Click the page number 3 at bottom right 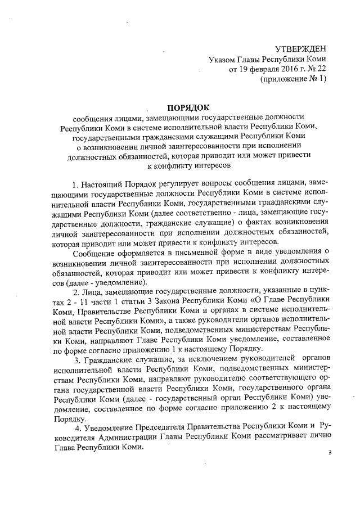(x=330, y=453)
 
